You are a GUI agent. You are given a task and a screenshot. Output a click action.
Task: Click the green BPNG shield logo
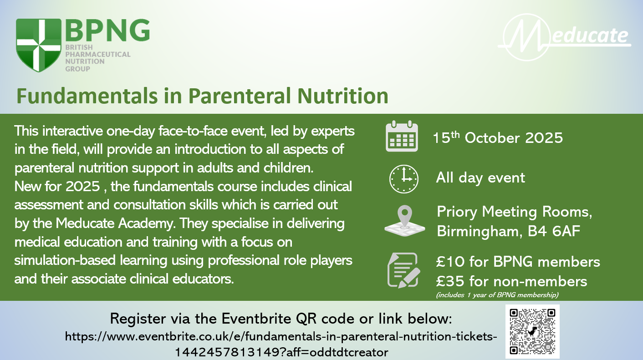38,46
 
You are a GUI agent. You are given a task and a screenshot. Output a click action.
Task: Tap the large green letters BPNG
107,30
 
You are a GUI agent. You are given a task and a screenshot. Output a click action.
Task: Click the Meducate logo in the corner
564,37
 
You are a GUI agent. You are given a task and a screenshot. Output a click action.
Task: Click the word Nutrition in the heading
343,96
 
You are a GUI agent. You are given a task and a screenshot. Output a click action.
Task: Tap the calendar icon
402,136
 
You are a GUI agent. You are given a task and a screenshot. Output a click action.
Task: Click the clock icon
403,179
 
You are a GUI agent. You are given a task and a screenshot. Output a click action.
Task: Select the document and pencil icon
403,270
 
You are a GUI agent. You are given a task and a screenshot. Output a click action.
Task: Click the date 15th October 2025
498,138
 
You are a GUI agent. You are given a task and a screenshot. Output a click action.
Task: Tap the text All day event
480,178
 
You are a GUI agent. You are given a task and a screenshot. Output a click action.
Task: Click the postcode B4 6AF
554,231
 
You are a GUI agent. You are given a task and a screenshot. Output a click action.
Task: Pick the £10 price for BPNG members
450,262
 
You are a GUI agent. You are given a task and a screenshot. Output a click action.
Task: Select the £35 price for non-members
450,281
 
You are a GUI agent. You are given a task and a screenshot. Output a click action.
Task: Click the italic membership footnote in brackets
497,295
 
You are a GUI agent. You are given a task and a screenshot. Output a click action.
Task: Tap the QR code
532,331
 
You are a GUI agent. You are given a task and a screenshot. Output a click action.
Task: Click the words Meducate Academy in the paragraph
115,223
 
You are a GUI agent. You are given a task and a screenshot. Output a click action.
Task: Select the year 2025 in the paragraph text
83,187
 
